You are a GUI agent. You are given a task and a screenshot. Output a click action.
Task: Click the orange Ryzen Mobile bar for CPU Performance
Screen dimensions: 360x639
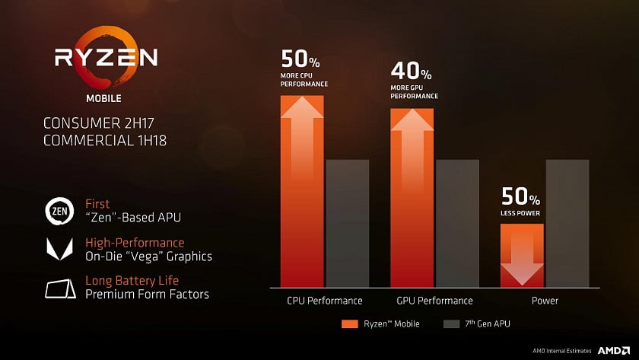303,190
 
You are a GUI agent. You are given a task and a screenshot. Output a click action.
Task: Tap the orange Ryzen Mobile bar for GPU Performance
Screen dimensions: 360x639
412,198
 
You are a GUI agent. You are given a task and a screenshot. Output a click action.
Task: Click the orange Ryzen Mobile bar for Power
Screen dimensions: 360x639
521,255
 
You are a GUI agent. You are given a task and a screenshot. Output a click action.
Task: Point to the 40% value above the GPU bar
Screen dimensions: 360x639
411,72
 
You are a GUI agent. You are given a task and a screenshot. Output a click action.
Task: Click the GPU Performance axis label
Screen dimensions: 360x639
434,301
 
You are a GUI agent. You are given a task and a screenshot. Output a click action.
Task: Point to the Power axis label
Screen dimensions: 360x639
545,301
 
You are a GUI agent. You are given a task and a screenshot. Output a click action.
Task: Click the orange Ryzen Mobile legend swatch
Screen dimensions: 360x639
350,323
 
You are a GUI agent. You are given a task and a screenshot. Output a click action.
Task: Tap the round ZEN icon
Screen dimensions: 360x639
59,211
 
